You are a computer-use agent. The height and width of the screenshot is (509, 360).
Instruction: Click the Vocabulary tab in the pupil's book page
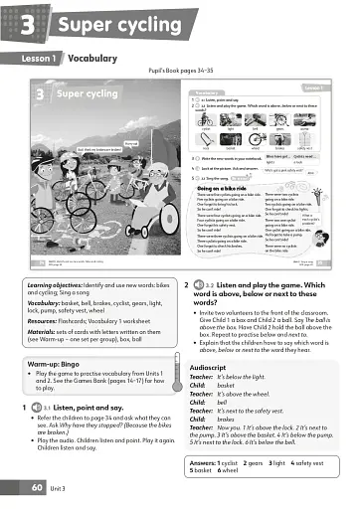pyautogui.click(x=206, y=91)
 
